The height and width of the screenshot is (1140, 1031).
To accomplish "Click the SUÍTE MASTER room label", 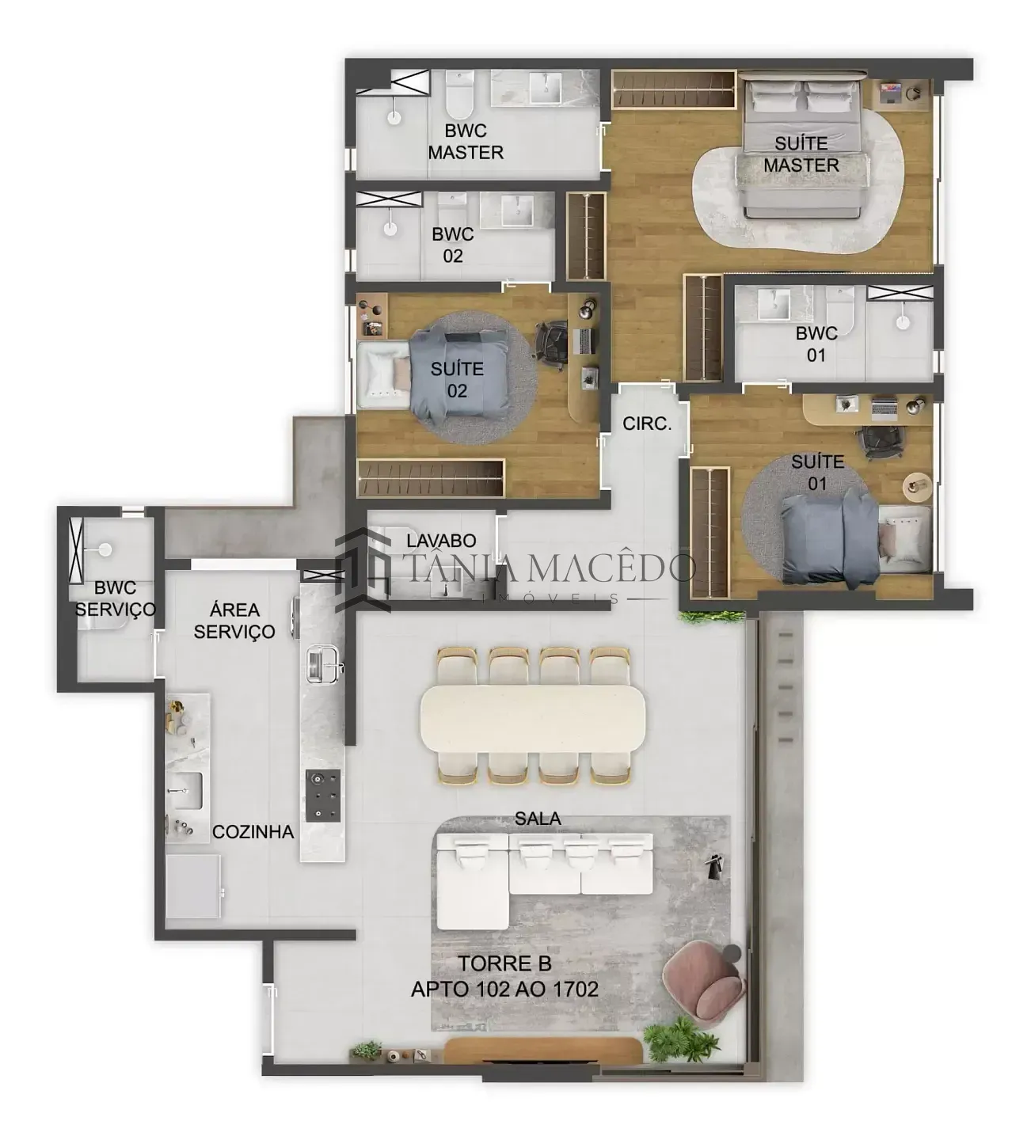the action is [801, 154].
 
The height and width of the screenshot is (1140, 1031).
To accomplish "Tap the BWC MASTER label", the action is [466, 142].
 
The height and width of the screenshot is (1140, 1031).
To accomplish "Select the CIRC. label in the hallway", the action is [647, 424].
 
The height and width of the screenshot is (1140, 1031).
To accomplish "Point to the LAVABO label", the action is [441, 541].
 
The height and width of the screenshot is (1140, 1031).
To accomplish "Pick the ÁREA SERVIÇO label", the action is [234, 621].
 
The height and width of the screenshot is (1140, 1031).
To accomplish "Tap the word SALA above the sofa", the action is [538, 819].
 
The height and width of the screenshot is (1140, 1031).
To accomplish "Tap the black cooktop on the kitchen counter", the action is [324, 796].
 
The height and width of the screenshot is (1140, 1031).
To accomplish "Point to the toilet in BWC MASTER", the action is [459, 94].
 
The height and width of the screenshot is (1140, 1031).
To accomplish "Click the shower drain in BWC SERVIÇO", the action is [105, 549].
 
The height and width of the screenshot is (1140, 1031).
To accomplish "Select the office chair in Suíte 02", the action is [552, 341].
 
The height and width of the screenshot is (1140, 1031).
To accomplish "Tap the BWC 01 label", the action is [816, 344].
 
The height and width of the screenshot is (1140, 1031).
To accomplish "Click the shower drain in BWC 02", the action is [390, 229].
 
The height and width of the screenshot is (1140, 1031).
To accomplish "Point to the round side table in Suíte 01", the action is [916, 487].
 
